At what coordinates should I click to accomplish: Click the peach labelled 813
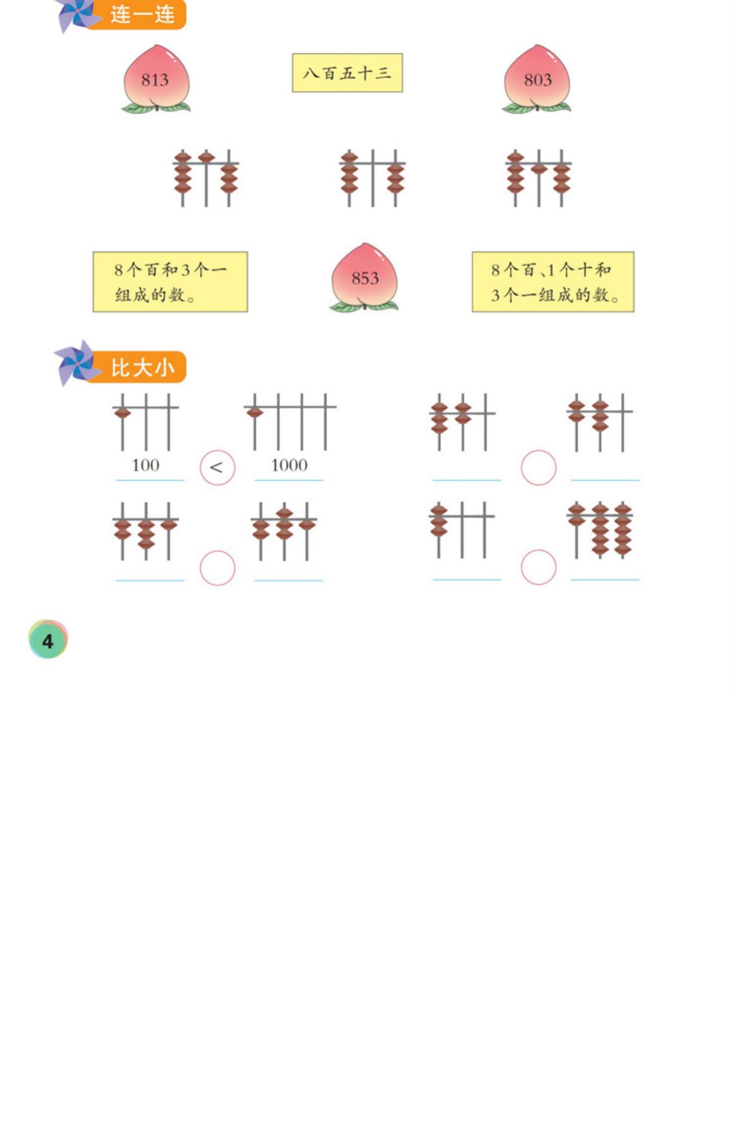(156, 78)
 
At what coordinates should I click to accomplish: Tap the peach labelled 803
(537, 78)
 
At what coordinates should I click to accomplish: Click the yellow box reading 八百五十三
(347, 73)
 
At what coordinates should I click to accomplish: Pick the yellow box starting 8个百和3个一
(170, 282)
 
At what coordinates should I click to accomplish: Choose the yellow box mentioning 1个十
(552, 282)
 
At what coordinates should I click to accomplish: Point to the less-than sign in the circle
(217, 467)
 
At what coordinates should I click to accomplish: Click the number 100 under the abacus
(146, 465)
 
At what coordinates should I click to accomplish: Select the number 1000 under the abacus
(289, 465)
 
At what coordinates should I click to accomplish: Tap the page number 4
(48, 640)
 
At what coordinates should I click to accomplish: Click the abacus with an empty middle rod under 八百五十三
(372, 178)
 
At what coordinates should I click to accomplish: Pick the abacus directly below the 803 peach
(538, 178)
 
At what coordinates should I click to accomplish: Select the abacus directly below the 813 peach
(206, 178)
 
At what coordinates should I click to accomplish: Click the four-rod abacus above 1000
(289, 422)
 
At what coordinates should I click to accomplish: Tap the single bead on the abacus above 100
(123, 413)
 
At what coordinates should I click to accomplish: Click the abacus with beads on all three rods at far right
(600, 530)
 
